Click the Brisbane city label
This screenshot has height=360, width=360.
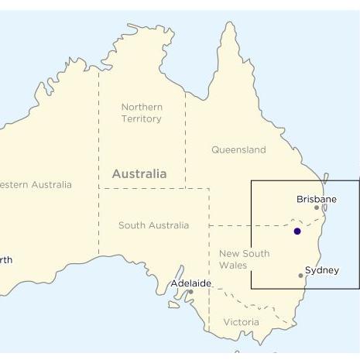coord(317,199)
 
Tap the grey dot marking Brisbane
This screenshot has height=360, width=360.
coord(317,207)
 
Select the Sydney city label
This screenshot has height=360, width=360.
coord(321,270)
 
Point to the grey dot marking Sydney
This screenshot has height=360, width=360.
coord(301,276)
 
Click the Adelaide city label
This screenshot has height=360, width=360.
coord(190,283)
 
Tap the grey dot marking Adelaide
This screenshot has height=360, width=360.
coord(191,292)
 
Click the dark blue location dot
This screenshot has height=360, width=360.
coord(297,231)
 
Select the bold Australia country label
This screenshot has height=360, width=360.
coord(139,174)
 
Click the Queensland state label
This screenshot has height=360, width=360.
coord(238,149)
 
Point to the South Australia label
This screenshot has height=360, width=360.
coord(153,225)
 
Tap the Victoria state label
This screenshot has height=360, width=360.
coord(241,322)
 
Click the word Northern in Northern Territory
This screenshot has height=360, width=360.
coord(142,107)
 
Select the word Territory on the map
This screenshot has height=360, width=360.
coord(142,118)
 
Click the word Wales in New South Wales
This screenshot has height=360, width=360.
coord(233,265)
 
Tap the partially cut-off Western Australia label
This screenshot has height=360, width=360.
coord(35,184)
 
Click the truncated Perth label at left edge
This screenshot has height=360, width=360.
coord(5,260)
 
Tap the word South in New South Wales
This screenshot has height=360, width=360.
coord(255,253)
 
